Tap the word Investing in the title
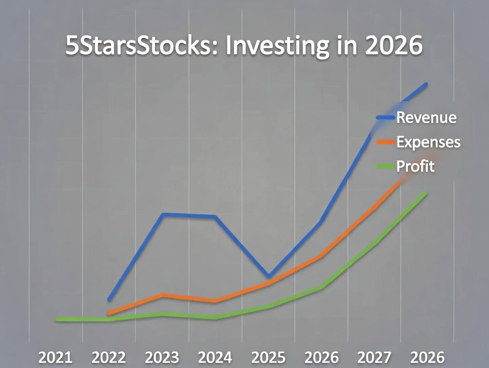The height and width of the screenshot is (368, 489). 277,46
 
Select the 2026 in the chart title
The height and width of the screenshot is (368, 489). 394,46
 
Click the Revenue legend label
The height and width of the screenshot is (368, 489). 426,117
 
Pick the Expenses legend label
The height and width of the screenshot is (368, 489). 428,142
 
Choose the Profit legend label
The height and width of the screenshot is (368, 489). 415,166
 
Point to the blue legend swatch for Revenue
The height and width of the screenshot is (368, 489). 385,117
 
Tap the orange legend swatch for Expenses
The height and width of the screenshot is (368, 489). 385,142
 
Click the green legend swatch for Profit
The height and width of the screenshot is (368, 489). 385,167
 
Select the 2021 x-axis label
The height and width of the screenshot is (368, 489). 55,358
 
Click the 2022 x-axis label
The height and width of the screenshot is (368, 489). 109,358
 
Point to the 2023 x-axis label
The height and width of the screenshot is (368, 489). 162,358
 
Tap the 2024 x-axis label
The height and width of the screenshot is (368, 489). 215,358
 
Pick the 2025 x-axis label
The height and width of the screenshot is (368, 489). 268,358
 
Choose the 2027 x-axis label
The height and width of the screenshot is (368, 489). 374,358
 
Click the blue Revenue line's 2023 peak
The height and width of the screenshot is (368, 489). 163,215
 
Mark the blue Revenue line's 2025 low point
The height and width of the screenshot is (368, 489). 269,276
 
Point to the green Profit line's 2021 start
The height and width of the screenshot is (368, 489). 57,319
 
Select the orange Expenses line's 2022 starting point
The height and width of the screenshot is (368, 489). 109,313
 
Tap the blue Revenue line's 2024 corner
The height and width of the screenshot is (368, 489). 215,216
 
